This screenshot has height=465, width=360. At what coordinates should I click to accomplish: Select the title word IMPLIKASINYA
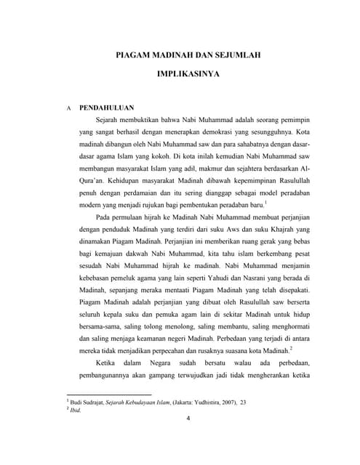tap(189, 74)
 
